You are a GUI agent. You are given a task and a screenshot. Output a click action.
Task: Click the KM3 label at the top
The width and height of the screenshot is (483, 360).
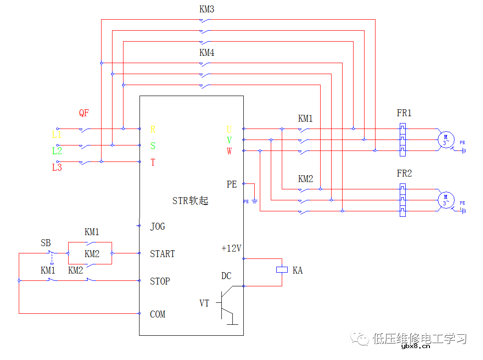207,9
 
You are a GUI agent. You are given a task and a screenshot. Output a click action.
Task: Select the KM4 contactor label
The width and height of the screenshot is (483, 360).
207,53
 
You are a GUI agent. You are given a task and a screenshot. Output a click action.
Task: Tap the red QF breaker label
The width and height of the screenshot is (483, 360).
84,113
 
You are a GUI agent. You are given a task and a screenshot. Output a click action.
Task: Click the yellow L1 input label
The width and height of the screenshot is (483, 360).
57,135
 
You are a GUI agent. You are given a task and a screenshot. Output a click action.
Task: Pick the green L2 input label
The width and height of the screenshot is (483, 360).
57,151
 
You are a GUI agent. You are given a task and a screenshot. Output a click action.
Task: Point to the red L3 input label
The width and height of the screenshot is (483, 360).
57,167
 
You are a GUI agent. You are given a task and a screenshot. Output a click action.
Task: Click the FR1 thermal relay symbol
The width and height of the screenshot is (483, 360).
402,140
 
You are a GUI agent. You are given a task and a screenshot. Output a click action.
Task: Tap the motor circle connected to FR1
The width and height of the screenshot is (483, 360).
445,139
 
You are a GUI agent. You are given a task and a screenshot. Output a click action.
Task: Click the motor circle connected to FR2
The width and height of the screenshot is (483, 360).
445,200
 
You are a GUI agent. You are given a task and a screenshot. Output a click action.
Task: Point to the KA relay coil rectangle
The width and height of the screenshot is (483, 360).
282,270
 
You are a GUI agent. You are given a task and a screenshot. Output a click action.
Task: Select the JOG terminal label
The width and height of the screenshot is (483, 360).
158,226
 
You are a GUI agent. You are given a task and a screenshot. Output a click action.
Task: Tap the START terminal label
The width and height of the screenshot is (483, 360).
162,254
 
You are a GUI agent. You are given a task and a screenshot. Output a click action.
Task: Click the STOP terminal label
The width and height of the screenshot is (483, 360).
160,281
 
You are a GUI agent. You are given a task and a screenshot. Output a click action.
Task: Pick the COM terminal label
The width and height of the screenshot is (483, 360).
158,314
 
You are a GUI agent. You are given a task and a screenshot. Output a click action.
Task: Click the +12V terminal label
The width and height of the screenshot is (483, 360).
231,248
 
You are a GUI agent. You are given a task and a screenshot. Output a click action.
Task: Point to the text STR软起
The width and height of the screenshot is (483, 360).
190,201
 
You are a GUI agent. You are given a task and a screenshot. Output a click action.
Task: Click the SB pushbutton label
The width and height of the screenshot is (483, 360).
46,243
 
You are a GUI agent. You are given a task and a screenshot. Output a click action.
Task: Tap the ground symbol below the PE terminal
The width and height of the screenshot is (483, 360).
255,201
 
